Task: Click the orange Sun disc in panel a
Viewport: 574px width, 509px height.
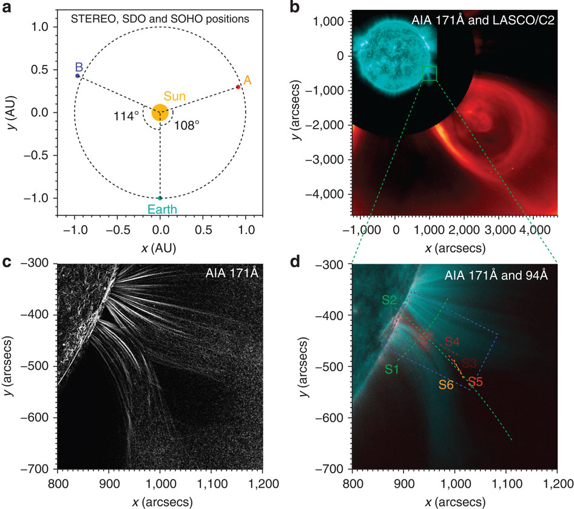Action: tap(160, 112)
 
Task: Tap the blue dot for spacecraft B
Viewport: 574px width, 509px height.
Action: tap(77, 75)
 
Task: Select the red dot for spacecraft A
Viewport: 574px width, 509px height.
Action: tap(238, 87)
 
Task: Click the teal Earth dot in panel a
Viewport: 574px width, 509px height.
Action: tap(160, 198)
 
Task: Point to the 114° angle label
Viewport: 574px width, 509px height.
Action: tap(125, 115)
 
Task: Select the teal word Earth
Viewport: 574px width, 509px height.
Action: tap(160, 210)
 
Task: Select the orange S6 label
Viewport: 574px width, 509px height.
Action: tap(447, 384)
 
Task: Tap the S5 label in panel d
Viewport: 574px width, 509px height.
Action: tap(475, 382)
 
